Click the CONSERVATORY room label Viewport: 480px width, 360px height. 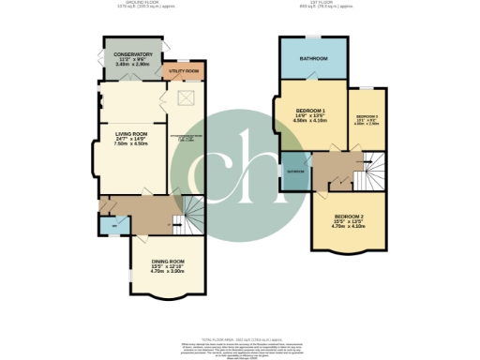133,54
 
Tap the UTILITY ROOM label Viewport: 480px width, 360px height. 184,71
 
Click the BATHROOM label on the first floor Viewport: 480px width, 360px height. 313,59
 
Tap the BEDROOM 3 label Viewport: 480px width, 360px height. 367,118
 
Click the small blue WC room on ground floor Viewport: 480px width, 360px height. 112,225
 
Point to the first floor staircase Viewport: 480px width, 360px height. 372,170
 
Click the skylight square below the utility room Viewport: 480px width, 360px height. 185,97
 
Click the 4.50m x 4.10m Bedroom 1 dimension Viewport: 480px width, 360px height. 308,120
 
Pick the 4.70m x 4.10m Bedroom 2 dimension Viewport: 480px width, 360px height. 347,226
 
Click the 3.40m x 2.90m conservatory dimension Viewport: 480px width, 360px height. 133,64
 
